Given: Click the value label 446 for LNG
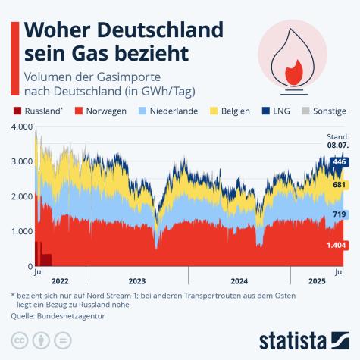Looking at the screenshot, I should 338,161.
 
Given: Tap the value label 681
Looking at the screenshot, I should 339,185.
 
